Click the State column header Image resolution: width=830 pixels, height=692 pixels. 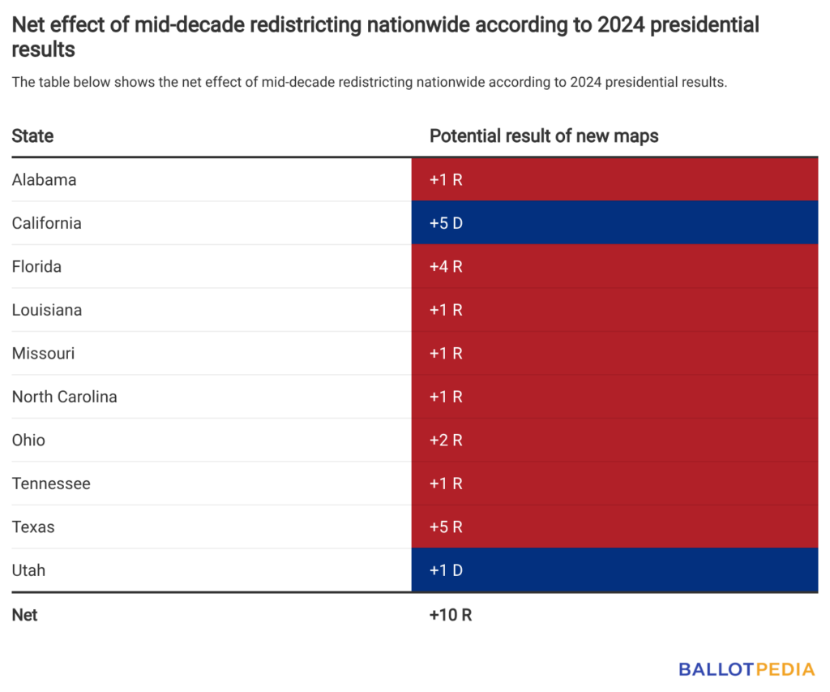click(32, 136)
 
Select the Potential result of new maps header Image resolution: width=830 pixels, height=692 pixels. click(544, 136)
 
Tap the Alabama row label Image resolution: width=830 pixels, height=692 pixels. click(44, 180)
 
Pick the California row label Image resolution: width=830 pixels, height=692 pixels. click(46, 223)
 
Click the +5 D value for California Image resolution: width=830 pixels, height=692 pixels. click(446, 223)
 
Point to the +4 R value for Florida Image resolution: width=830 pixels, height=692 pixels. click(446, 267)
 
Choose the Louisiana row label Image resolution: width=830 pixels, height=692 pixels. click(46, 310)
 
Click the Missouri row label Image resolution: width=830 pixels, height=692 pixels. click(43, 354)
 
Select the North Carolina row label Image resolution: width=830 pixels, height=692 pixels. click(64, 397)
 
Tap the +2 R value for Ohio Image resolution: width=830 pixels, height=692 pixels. click(446, 441)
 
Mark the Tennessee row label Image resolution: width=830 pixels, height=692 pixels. click(51, 484)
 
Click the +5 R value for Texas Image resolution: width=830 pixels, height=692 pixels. click(446, 527)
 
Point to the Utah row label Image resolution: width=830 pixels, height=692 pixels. click(28, 570)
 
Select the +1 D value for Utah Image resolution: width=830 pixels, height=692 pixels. click(446, 570)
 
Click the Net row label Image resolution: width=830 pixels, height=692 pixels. click(24, 615)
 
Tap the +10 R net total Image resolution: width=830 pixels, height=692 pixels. click(451, 615)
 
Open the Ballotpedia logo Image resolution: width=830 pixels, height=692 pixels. click(747, 669)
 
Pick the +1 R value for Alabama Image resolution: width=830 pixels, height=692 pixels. click(446, 180)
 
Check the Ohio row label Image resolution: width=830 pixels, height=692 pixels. click(28, 441)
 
